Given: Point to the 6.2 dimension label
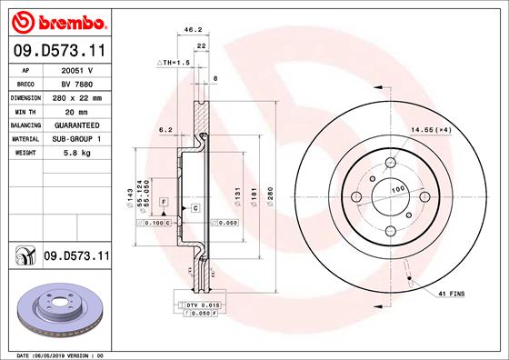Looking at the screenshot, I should [165, 130].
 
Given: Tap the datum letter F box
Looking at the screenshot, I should [163, 199].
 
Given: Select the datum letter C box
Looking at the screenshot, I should [195, 207].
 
